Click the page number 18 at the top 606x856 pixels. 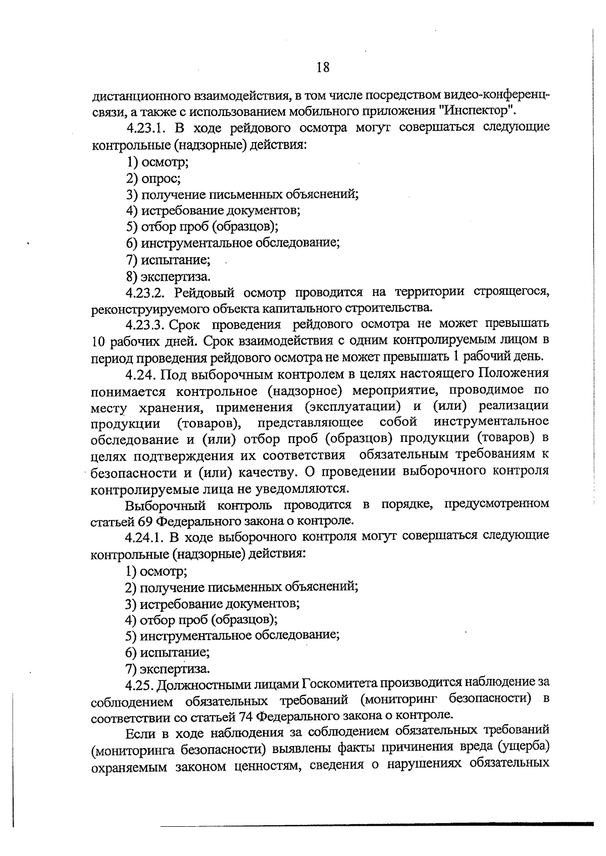click(x=323, y=67)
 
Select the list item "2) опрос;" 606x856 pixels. click(x=154, y=178)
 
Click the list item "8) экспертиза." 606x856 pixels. click(x=169, y=277)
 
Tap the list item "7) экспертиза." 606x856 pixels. click(x=168, y=669)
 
